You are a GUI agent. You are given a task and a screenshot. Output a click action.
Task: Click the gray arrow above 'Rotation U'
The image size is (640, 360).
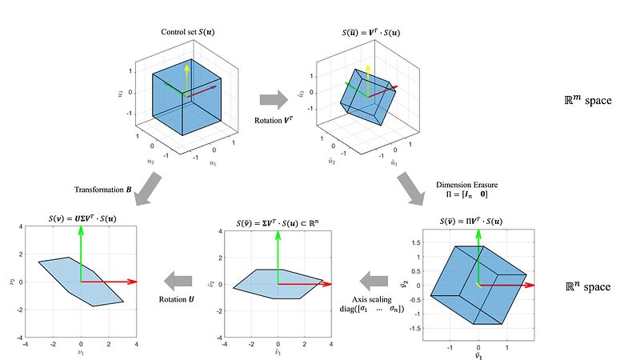[179, 279]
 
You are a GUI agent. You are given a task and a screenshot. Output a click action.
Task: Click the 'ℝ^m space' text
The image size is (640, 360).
[586, 102]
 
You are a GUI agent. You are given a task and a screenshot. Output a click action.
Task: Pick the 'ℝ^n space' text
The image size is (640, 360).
[586, 286]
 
